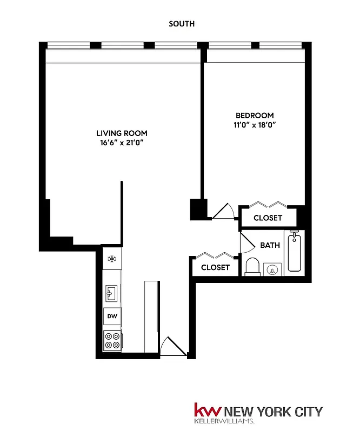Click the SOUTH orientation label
[181, 24]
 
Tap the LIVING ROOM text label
[122, 133]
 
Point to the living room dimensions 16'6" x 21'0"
[122, 143]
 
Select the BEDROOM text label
[254, 116]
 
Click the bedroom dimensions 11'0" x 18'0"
[254, 125]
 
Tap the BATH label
[270, 245]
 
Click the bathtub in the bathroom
[295, 252]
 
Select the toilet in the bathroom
[252, 267]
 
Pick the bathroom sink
[274, 269]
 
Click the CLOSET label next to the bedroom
[268, 218]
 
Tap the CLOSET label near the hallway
[216, 267]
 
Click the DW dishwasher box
[112, 316]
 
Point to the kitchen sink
[112, 294]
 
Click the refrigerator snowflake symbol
[112, 259]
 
